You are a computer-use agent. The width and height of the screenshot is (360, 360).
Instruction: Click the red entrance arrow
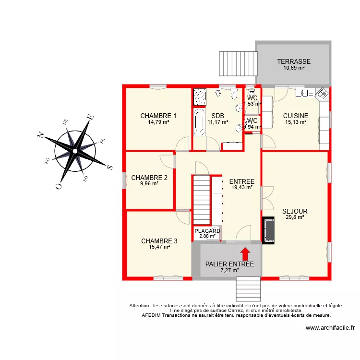(x=245, y=252)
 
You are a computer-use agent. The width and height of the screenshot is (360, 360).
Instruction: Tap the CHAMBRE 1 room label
(x=158, y=116)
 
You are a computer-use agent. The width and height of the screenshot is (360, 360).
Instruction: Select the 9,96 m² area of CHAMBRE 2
(x=149, y=183)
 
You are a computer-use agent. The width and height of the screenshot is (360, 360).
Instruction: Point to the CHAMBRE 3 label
(x=159, y=241)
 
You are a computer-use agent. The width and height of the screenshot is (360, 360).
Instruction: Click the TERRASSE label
(x=294, y=61)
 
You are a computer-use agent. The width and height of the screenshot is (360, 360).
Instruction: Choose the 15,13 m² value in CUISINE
(x=295, y=122)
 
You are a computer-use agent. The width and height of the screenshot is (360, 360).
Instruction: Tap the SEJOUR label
(x=295, y=211)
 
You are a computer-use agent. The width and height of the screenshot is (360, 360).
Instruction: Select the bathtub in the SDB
(x=199, y=122)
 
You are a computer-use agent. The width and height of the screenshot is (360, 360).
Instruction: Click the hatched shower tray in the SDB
(x=199, y=97)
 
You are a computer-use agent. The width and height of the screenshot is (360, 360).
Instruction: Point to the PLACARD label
(x=207, y=231)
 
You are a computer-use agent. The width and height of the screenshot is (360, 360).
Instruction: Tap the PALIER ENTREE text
(x=229, y=264)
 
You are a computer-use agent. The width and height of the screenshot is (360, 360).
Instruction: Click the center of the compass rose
(x=75, y=151)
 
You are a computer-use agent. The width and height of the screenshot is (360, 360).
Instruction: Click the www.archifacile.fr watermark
(x=330, y=328)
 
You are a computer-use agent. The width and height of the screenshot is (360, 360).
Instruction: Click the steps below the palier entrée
(x=248, y=289)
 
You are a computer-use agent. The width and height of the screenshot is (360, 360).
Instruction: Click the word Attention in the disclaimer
(x=140, y=306)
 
